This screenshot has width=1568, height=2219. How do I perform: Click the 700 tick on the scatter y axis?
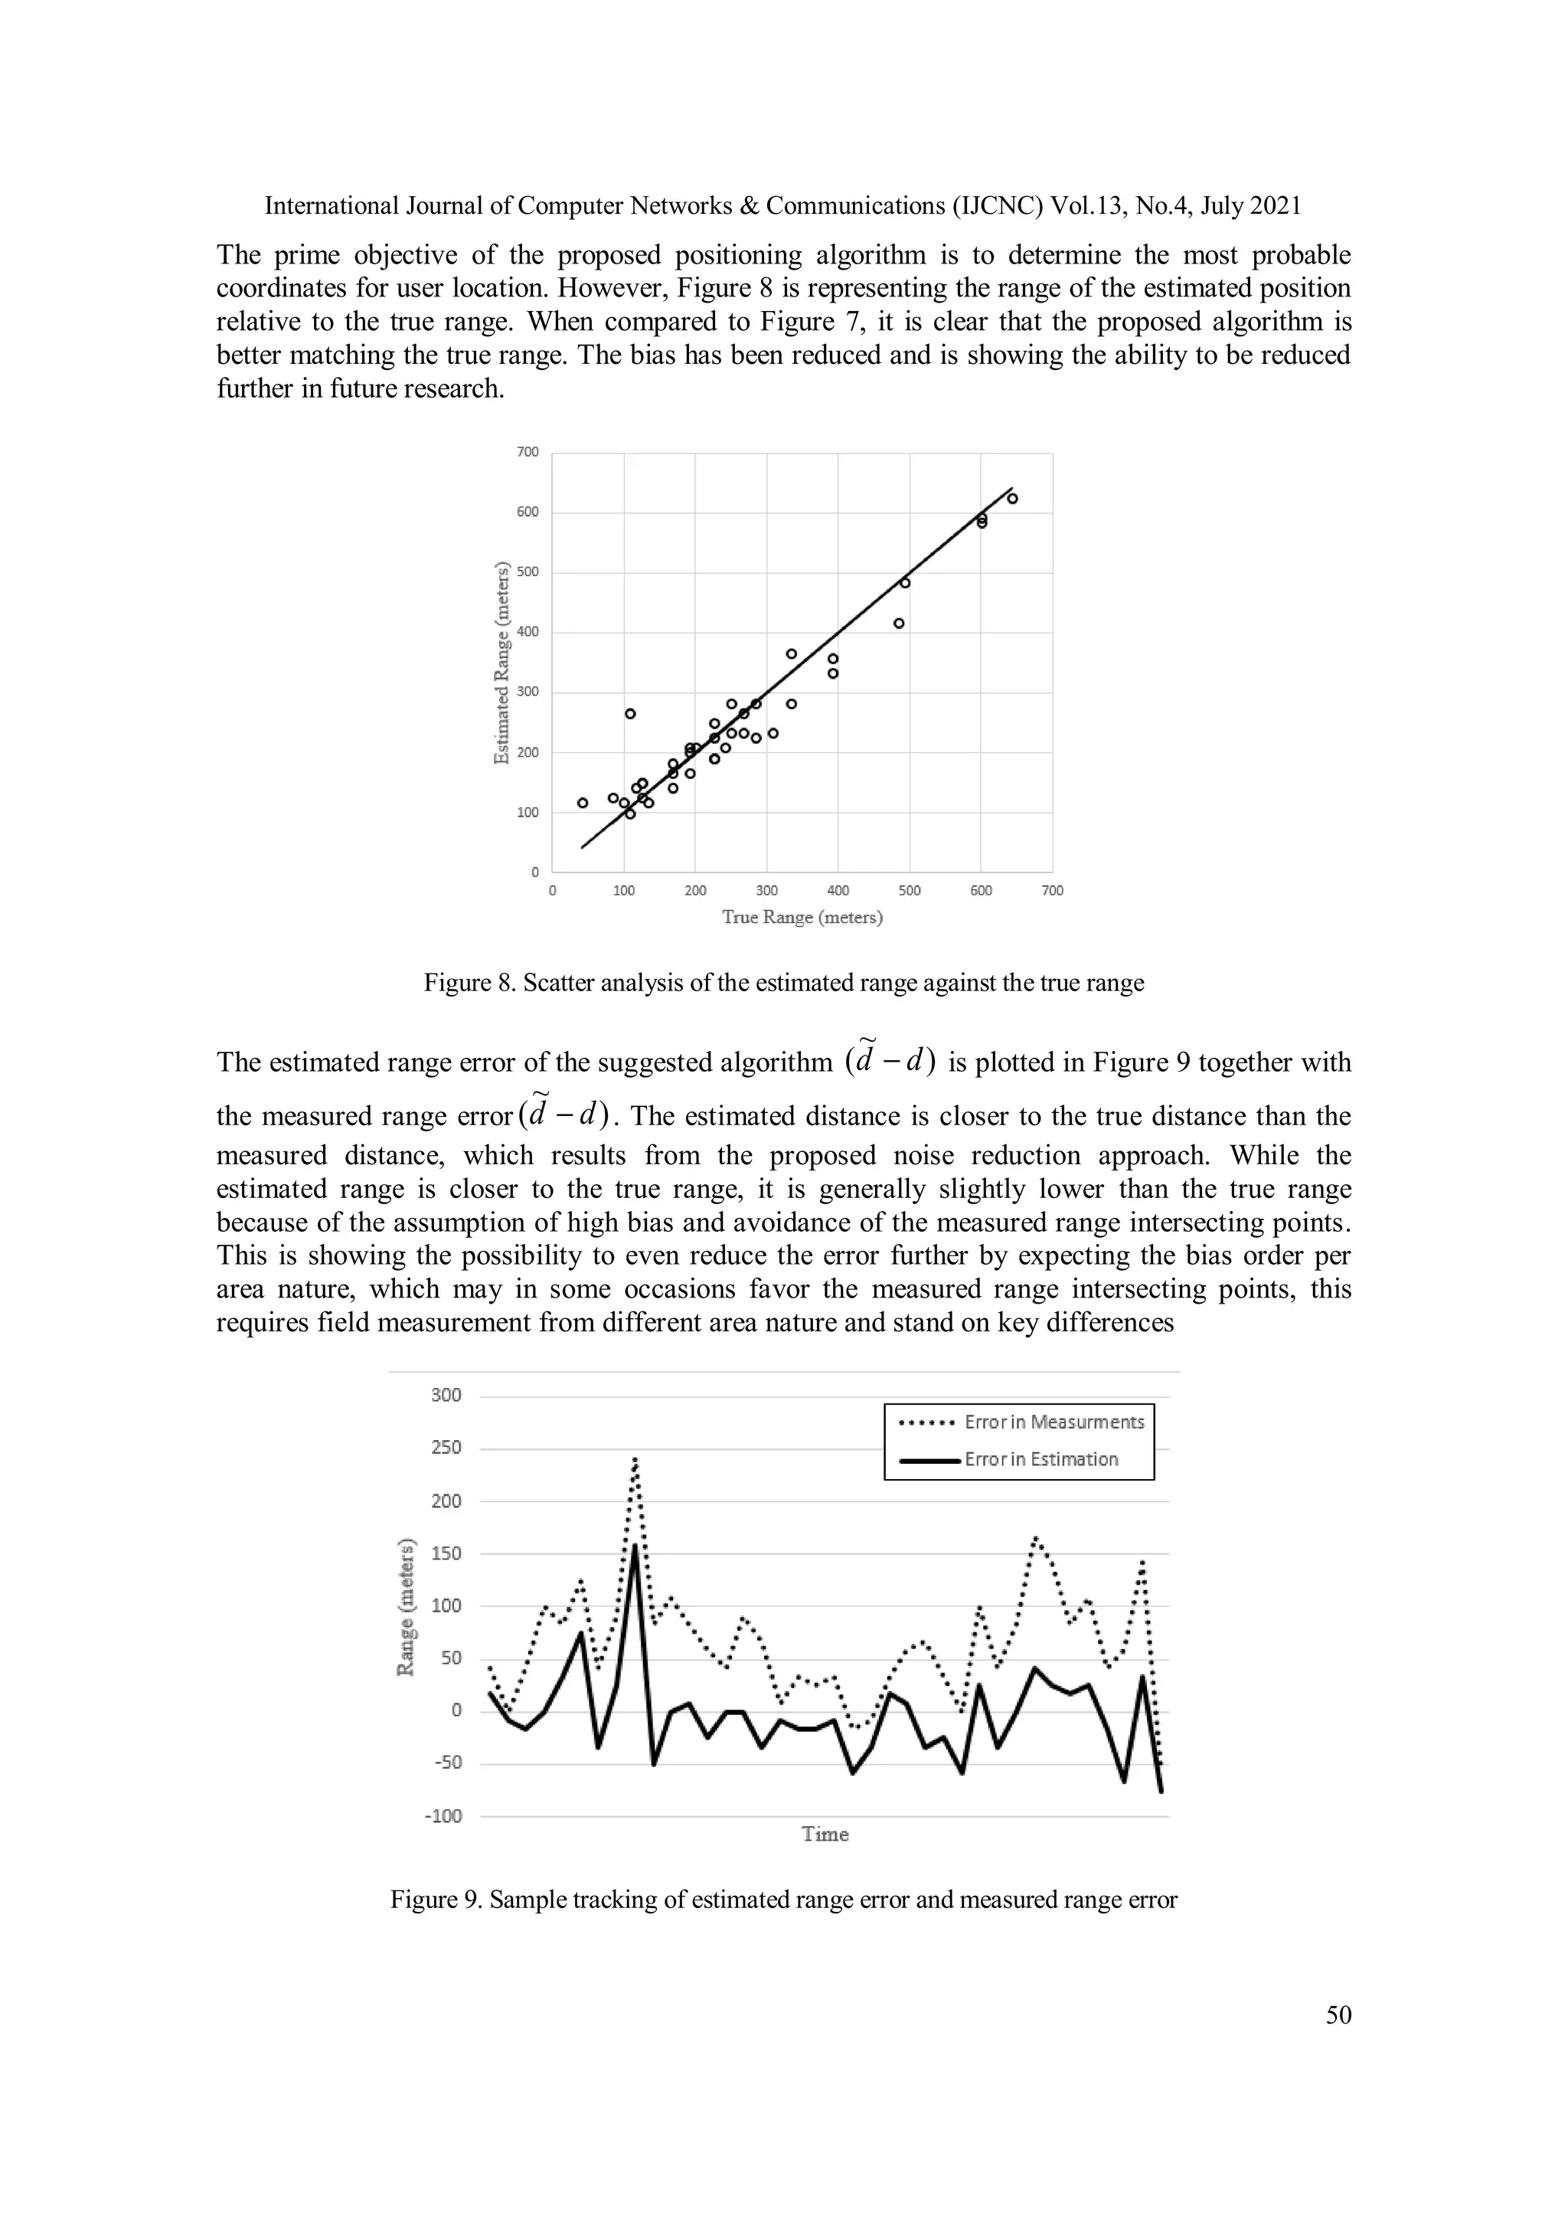(x=528, y=453)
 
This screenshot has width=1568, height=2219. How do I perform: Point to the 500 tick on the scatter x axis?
(x=909, y=891)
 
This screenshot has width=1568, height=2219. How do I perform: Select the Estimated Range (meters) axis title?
(x=501, y=663)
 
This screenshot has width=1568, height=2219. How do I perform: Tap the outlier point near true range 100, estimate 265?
(x=630, y=713)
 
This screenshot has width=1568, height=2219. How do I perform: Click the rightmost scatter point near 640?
(x=1012, y=499)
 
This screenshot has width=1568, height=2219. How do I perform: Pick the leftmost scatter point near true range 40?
(x=583, y=802)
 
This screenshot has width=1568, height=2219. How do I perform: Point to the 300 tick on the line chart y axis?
(x=446, y=1396)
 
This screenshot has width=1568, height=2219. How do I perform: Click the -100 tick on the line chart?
(x=443, y=1816)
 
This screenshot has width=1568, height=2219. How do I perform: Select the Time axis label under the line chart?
(x=825, y=1834)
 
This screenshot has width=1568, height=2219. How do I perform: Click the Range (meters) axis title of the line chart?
(x=407, y=1605)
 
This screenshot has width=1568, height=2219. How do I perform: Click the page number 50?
(x=1338, y=2015)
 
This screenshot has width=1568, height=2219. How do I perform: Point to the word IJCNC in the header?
(x=1002, y=206)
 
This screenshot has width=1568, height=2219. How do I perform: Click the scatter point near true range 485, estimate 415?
(x=899, y=623)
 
